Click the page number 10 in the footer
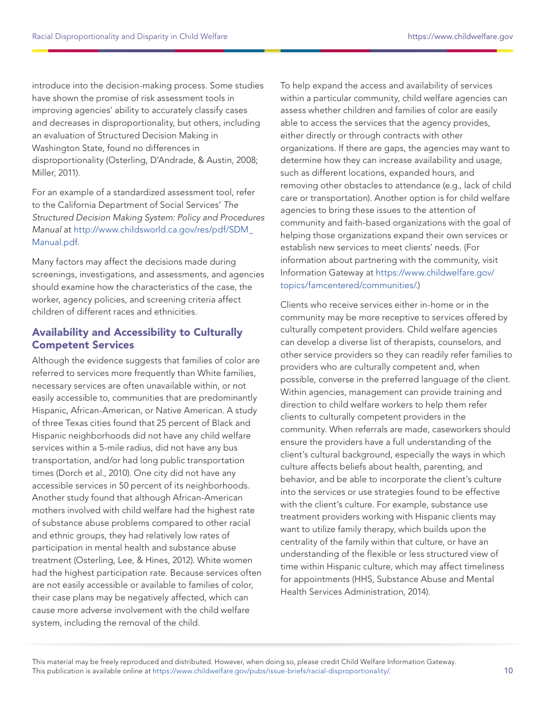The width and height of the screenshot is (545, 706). [x=508, y=670]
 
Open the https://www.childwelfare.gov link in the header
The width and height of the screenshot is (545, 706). [x=460, y=36]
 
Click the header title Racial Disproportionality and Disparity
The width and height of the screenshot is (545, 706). [x=130, y=36]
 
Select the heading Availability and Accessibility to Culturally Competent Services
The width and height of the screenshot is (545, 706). [x=137, y=339]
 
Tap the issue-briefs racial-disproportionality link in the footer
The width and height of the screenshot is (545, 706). [x=271, y=670]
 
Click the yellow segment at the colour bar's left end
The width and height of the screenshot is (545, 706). [x=40, y=51]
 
